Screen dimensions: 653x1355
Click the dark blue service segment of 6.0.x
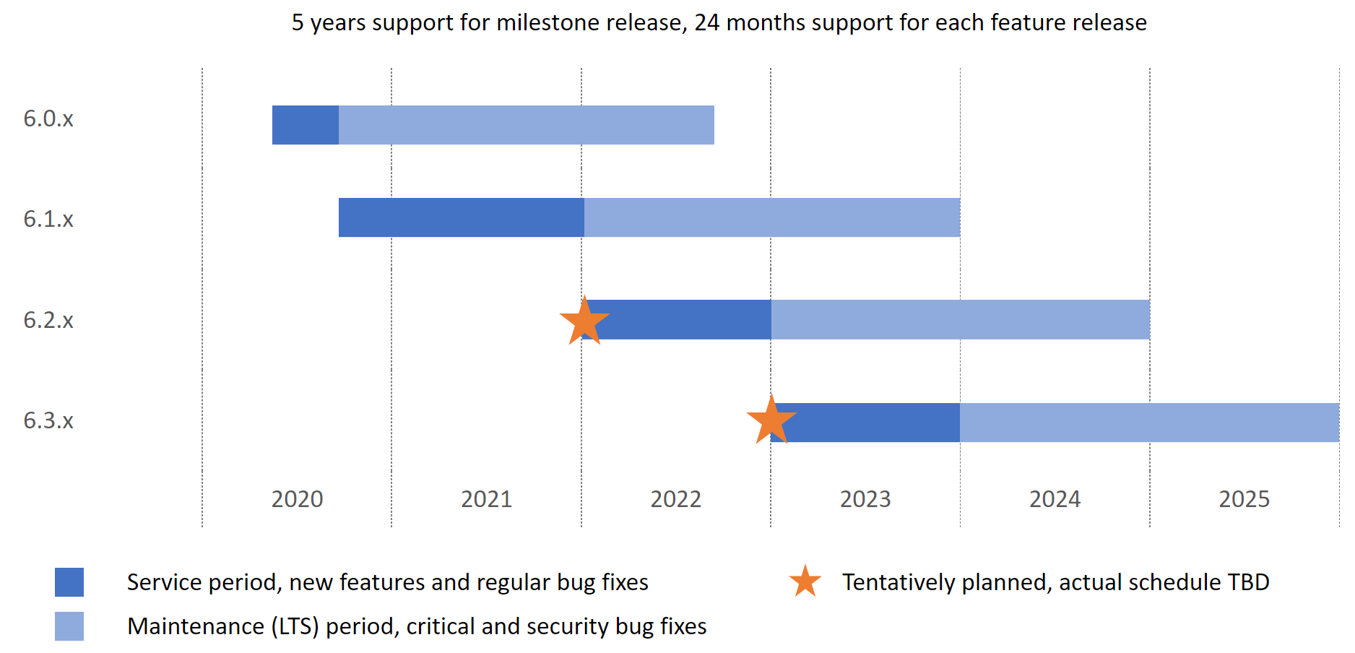[x=305, y=125]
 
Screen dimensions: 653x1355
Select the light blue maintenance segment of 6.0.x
[x=526, y=125]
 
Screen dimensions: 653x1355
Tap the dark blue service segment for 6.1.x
[x=461, y=217]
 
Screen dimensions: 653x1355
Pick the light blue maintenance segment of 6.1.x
[x=771, y=217]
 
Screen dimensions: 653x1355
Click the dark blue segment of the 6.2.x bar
[x=686, y=319]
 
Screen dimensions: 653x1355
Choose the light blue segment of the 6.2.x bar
[x=960, y=319]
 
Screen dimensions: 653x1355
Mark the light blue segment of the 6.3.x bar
[x=1148, y=423]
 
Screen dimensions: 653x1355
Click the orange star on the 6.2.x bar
[x=584, y=321]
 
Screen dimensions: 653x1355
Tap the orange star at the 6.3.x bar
[x=771, y=420]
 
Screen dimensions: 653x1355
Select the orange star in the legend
[x=805, y=581]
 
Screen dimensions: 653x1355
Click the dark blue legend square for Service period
[x=69, y=582]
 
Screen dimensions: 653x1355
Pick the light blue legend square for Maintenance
[x=69, y=626]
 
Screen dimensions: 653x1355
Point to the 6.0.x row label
[x=48, y=118]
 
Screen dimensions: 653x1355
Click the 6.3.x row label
[x=48, y=420]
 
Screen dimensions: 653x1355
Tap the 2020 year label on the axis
[x=297, y=499]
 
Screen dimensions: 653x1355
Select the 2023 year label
[x=865, y=499]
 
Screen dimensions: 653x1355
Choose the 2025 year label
[x=1244, y=499]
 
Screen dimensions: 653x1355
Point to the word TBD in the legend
[x=1248, y=582]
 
